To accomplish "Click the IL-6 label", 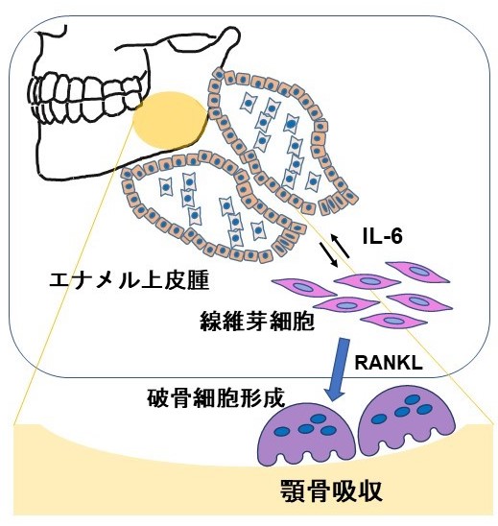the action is [x=382, y=236].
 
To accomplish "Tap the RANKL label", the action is [x=389, y=362].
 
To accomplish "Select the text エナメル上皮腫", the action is [x=130, y=280].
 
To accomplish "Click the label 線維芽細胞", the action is [x=257, y=321].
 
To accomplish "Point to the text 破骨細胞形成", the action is [x=216, y=397].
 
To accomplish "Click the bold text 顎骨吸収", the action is [x=331, y=490].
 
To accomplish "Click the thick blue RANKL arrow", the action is [x=339, y=370].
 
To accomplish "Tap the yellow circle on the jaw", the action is [x=170, y=120].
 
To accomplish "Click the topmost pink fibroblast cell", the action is [x=417, y=272].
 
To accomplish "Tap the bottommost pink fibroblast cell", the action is [x=393, y=321].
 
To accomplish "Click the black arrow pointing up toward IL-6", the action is [x=341, y=246].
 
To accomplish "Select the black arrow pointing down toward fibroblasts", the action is [x=329, y=254].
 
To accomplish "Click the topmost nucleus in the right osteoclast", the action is [x=413, y=399].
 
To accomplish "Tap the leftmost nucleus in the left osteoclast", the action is [x=282, y=431].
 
